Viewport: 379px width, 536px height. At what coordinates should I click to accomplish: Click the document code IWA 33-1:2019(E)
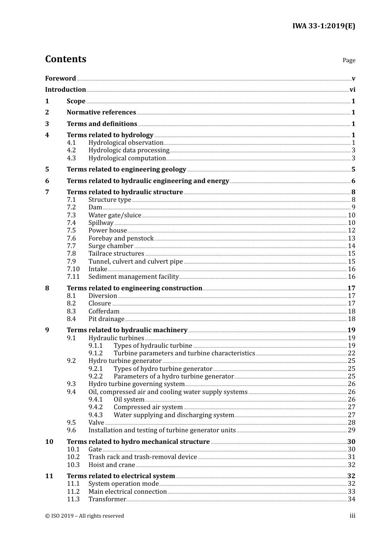pos(324,26)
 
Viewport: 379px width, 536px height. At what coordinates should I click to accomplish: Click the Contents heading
pos(65,59)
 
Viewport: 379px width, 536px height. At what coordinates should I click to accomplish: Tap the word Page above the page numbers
pos(349,60)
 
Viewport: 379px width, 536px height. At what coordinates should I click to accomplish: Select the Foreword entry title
pos(60,78)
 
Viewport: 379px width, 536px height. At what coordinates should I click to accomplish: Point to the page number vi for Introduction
pos(352,90)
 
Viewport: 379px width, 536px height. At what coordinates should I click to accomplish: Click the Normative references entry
pos(101,112)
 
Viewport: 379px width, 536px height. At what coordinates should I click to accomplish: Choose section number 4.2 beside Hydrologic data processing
pos(71,150)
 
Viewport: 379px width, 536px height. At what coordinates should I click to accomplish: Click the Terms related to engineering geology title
pos(126,169)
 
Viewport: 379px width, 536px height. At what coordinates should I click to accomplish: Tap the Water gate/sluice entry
pos(115,215)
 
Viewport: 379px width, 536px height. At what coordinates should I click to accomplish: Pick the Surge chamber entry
pos(111,246)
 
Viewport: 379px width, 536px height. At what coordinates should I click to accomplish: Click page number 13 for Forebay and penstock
pos(351,238)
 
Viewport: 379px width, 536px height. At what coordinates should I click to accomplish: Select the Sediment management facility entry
pos(134,277)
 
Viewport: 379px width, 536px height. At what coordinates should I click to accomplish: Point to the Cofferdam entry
pos(104,311)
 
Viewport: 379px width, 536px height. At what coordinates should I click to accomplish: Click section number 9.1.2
pos(96,353)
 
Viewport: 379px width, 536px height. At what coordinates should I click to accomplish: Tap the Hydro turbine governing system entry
pos(136,384)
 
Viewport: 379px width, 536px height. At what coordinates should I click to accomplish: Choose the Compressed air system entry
pos(148,407)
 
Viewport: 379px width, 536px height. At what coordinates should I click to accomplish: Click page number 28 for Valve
pos(351,423)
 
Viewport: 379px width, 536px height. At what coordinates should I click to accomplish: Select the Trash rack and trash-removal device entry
pos(143,457)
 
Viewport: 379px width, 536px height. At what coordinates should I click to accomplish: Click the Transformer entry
pos(107,499)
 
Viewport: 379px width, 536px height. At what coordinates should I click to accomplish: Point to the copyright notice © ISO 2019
pos(85,516)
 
